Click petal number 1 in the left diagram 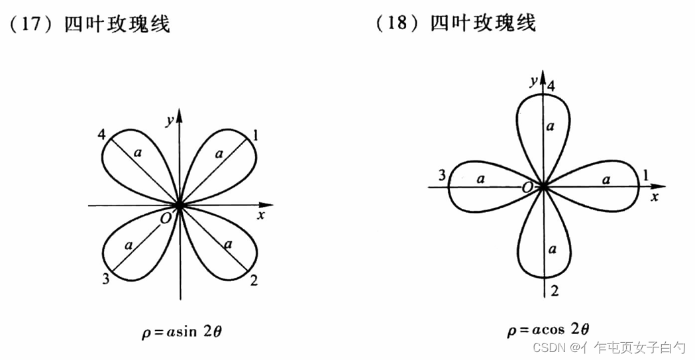point(256,137)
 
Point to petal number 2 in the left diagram point(254,280)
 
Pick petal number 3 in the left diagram point(105,279)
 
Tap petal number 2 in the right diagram point(555,290)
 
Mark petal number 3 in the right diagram point(440,176)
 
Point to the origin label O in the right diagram point(528,188)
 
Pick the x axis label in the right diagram point(655,198)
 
